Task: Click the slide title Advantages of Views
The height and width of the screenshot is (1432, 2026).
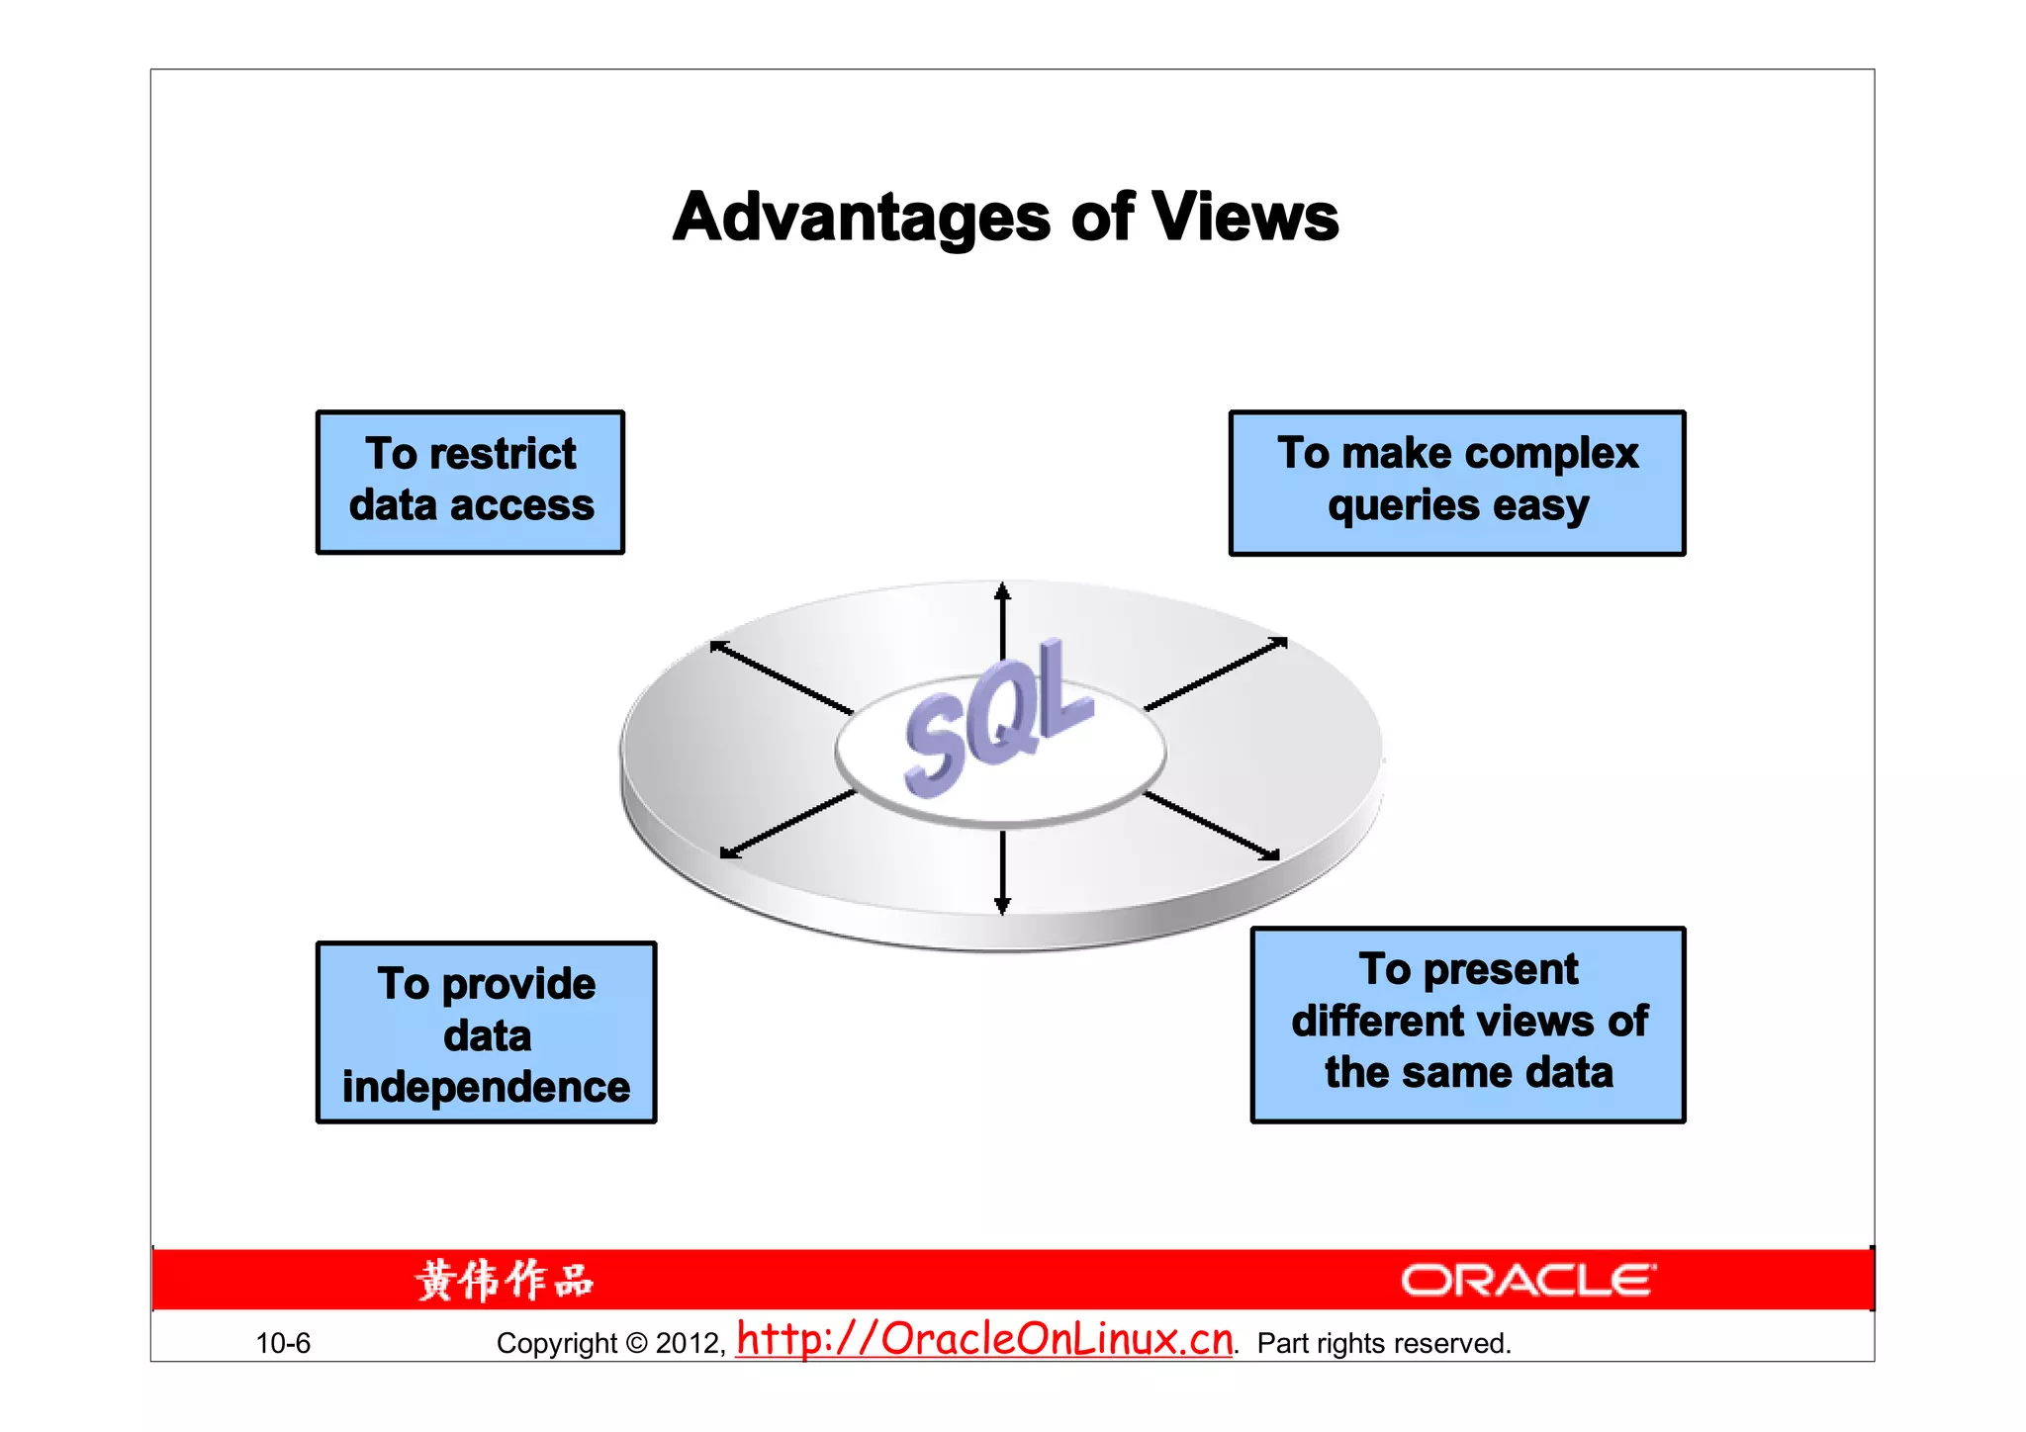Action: pos(1005,217)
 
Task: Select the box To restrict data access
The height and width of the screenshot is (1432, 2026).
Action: pos(471,482)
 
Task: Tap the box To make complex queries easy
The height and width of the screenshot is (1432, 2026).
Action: pos(1457,483)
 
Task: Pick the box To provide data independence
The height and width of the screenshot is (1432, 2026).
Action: pos(486,1032)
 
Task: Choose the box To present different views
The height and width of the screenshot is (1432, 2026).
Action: pos(1468,1024)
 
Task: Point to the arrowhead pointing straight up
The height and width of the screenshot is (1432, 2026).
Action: pos(1002,591)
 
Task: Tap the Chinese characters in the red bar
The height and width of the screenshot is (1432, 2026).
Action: pos(505,1280)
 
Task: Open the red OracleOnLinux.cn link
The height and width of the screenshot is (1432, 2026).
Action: pos(985,1339)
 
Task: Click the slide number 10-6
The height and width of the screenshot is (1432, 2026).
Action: pos(283,1343)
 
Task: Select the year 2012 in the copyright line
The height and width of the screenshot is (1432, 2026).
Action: pos(689,1343)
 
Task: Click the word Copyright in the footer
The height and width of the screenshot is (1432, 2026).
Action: pos(557,1343)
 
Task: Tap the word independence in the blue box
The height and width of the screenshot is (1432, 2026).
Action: pos(486,1087)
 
